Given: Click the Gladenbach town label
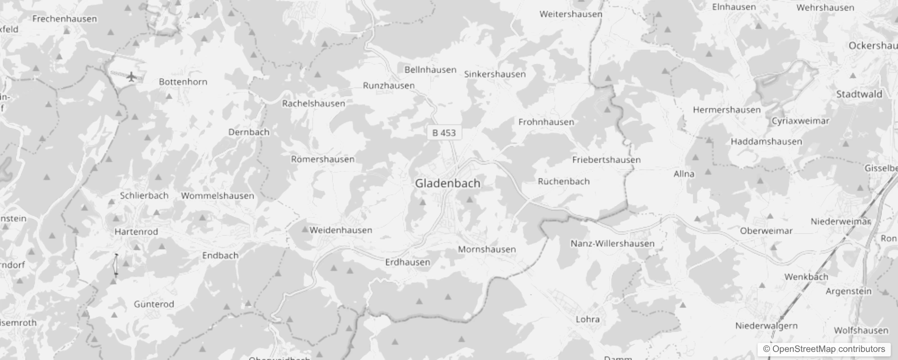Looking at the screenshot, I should (x=447, y=183).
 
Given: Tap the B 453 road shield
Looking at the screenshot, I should (x=444, y=133).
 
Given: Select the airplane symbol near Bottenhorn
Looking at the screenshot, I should (x=131, y=77).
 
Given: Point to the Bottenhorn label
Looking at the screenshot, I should (x=183, y=82).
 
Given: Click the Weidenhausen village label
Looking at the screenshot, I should (x=341, y=230).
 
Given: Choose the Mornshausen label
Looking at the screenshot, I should (x=487, y=249).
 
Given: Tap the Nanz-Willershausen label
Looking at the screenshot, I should (x=612, y=243).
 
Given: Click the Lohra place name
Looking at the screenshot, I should (x=588, y=319).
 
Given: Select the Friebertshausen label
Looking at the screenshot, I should (x=606, y=160).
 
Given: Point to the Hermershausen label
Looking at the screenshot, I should (x=727, y=110).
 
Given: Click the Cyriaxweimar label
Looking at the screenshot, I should (x=800, y=121).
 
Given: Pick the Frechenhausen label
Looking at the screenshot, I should (x=65, y=19).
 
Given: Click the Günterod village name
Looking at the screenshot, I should (x=154, y=304).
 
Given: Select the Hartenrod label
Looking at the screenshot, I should (x=136, y=232).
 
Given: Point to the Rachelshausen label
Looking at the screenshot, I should (x=314, y=103).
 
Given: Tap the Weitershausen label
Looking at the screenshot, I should (x=570, y=14).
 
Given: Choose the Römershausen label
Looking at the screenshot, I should (x=323, y=159).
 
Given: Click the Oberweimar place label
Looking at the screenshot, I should (x=766, y=231).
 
